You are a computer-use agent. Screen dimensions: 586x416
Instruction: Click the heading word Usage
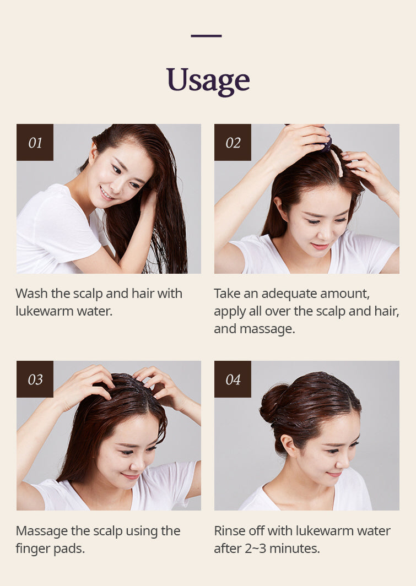[208, 80]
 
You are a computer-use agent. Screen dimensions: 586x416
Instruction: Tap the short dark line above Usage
[206, 36]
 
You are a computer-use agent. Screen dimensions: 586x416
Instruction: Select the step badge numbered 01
[35, 143]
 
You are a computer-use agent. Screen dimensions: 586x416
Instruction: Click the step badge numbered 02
[233, 143]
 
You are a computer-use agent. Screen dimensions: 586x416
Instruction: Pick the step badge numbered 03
[35, 379]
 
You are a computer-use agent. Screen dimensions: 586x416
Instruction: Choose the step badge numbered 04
[233, 379]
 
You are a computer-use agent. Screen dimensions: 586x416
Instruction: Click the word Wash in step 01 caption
[31, 294]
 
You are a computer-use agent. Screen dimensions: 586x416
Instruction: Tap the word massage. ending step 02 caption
[267, 329]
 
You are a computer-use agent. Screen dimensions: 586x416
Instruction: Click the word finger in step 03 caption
[33, 549]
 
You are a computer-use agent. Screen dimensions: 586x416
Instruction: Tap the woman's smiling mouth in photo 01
[106, 194]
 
